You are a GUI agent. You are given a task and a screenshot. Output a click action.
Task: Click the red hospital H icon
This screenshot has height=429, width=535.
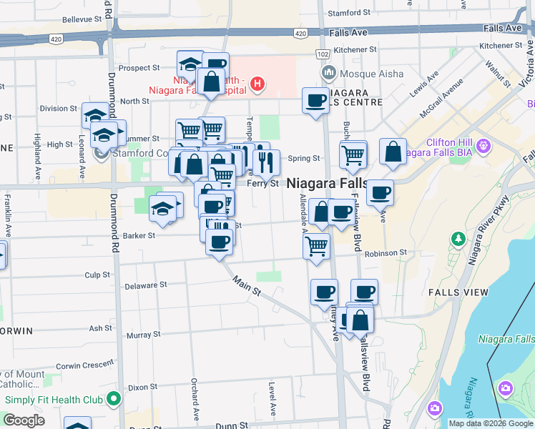(x=257, y=85)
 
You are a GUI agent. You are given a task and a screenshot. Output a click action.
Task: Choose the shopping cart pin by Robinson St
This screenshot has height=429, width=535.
(x=316, y=247)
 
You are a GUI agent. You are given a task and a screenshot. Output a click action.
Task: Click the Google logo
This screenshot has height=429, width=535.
(x=24, y=420)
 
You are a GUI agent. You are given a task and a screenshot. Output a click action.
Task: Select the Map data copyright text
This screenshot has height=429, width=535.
(x=491, y=423)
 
